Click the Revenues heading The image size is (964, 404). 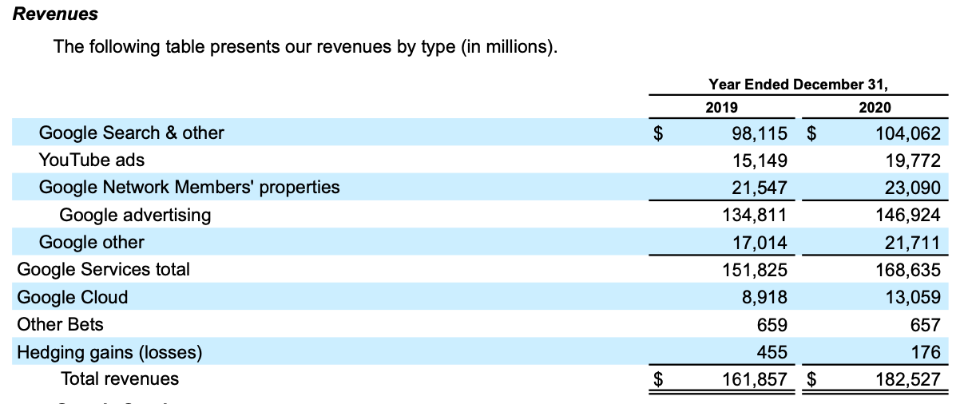click(x=56, y=14)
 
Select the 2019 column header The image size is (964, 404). click(x=722, y=107)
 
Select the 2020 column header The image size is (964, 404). click(x=875, y=107)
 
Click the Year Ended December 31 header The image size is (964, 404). click(x=798, y=85)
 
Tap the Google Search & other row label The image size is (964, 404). click(x=132, y=133)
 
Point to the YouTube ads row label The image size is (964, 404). click(x=92, y=160)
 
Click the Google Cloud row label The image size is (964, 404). click(x=73, y=298)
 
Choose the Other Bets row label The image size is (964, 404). click(x=60, y=325)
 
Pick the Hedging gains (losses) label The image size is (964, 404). click(x=109, y=352)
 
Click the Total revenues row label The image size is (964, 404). click(x=120, y=379)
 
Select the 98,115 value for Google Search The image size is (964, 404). click(x=760, y=133)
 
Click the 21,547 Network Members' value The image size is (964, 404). click(x=760, y=188)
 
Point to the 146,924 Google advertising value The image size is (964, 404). click(x=908, y=215)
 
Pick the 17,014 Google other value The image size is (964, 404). click(x=760, y=243)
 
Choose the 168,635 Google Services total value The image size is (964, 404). click(x=908, y=270)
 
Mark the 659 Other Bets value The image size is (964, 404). click(x=772, y=325)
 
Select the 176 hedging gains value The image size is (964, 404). click(x=926, y=352)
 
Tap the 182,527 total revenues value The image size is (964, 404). click(x=908, y=379)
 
